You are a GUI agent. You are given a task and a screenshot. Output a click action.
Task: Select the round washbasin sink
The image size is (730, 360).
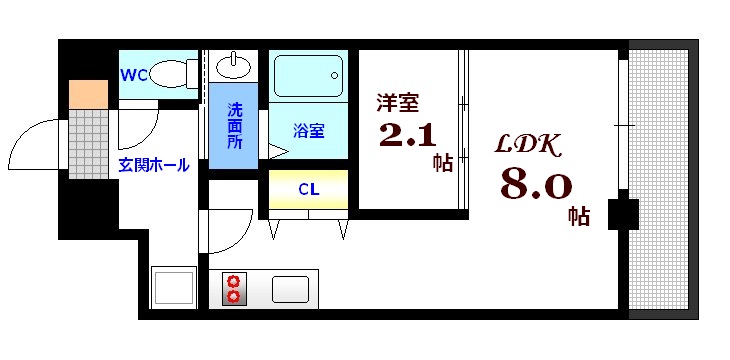click(233, 66)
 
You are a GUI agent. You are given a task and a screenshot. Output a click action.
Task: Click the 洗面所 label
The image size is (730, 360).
click(234, 126)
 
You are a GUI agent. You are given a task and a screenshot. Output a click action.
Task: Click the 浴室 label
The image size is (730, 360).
click(308, 130)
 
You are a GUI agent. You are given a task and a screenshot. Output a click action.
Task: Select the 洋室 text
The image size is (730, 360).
click(397, 102)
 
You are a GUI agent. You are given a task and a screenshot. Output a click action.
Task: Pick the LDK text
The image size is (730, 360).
click(529, 145)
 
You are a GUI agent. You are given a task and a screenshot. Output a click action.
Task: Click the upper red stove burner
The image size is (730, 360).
click(234, 281)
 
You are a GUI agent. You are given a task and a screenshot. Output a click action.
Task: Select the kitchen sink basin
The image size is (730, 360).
click(290, 289)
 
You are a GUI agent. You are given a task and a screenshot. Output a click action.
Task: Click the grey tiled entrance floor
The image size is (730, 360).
click(88, 143)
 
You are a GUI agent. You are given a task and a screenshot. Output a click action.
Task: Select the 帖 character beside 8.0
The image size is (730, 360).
click(578, 213)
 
